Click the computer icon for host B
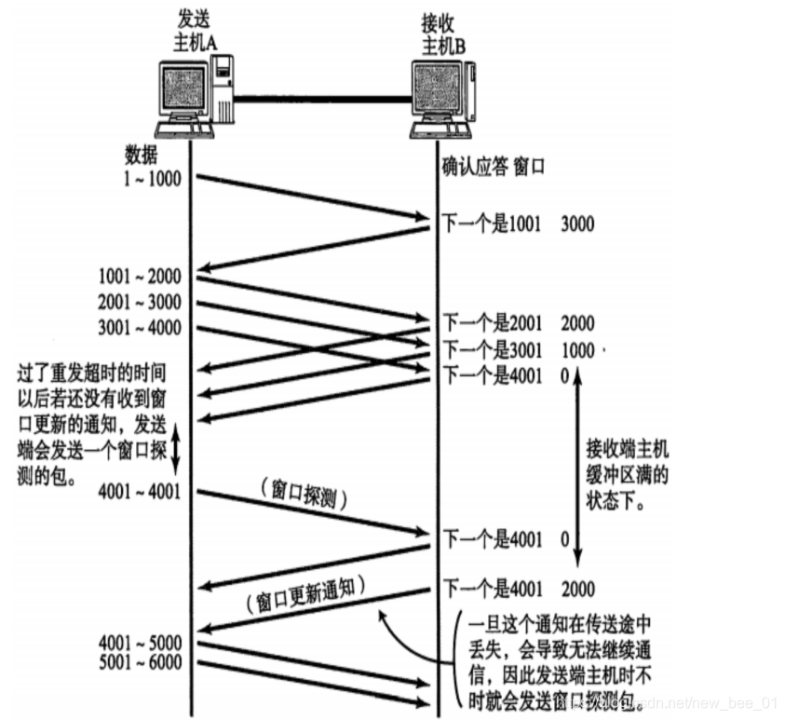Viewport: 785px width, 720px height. pyautogui.click(x=443, y=94)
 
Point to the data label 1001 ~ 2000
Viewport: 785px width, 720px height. pyautogui.click(x=140, y=276)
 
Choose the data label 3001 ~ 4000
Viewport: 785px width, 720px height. pyautogui.click(x=140, y=327)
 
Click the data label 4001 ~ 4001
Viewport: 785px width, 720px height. pyautogui.click(x=140, y=491)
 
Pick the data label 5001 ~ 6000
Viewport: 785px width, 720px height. pyautogui.click(x=140, y=663)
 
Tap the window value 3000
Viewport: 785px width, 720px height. pyautogui.click(x=577, y=224)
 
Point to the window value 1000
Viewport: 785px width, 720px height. pyautogui.click(x=577, y=349)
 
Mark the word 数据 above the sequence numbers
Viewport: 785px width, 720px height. pyautogui.click(x=142, y=155)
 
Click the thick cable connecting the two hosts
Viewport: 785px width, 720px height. pyautogui.click(x=321, y=97)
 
